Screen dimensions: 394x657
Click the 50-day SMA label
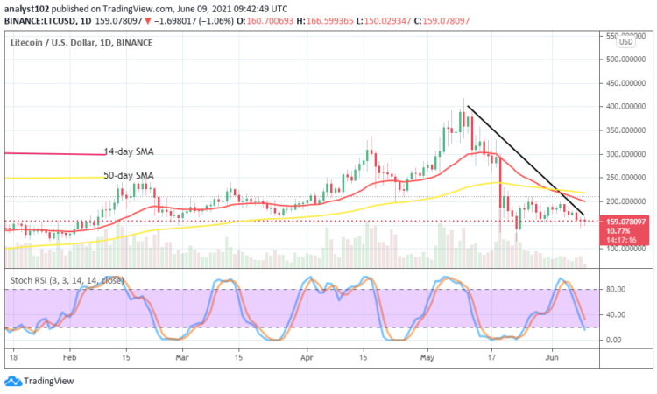coord(129,175)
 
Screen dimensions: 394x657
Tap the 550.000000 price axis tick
coord(624,35)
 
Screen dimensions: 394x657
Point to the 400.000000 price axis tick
coord(624,107)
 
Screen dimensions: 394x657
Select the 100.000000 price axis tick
coord(624,249)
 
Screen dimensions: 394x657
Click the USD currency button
coord(625,42)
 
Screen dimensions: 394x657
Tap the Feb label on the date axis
coord(71,358)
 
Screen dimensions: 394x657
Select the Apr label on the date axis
coord(307,358)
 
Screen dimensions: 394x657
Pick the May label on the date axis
coord(427,358)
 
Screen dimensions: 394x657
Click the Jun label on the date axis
coord(553,358)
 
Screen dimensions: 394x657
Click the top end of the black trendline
coord(467,106)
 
